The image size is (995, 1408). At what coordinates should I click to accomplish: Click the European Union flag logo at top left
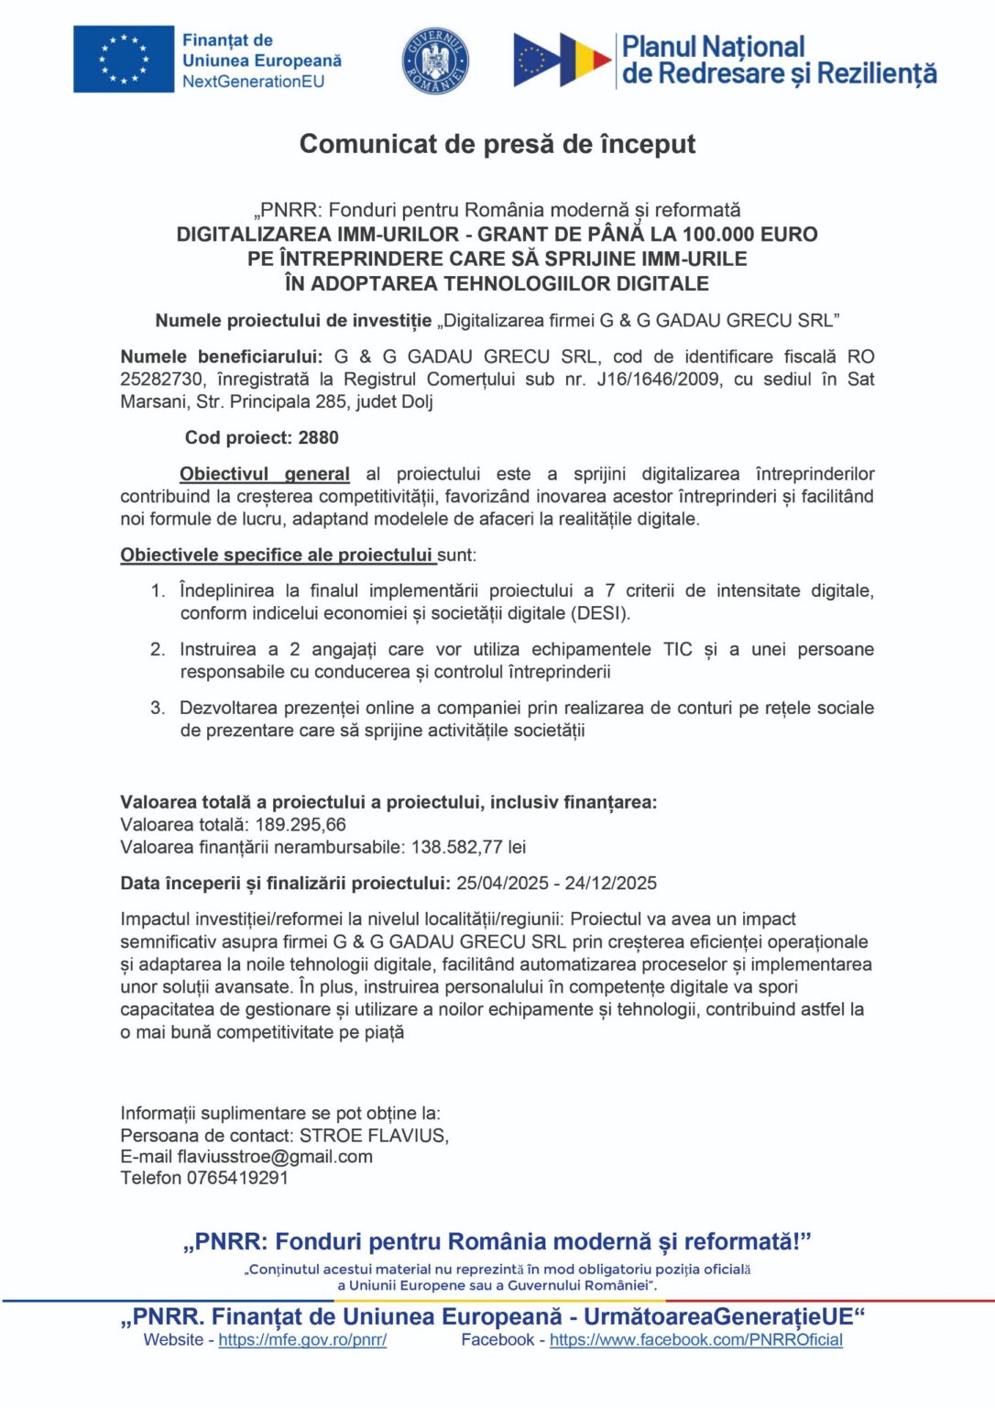point(123,60)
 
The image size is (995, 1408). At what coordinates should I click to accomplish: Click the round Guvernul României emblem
point(436,60)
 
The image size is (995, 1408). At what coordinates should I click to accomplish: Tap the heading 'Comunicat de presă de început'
point(497,144)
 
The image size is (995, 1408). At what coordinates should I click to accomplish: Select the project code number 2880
point(318,438)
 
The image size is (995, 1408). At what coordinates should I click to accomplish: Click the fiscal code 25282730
point(161,379)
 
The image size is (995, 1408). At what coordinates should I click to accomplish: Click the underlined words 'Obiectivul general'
point(265,474)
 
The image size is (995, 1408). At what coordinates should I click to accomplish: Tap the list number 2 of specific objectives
point(158,650)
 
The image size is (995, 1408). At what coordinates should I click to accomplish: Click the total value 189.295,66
point(301,825)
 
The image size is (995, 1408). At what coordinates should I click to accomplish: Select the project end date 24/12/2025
point(611,883)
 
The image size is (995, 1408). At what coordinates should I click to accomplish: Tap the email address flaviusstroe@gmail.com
point(275,1157)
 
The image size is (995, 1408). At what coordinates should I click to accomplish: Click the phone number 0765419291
point(238,1178)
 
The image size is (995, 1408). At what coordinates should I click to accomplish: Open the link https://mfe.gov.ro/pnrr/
point(302,1340)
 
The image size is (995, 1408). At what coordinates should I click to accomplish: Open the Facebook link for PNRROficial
point(695,1340)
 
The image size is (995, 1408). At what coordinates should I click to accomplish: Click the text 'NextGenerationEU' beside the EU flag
point(253,82)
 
